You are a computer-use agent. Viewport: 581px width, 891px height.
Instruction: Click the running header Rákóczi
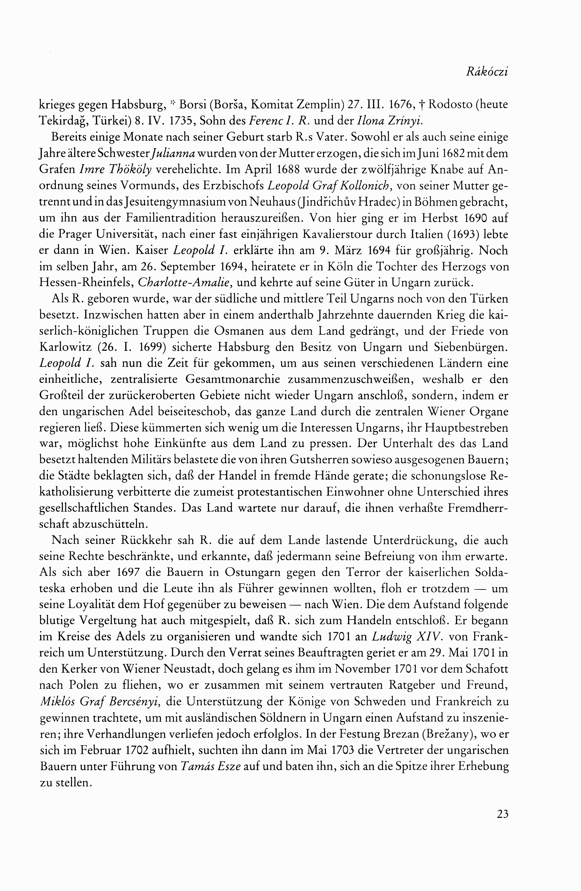pyautogui.click(x=487, y=72)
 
